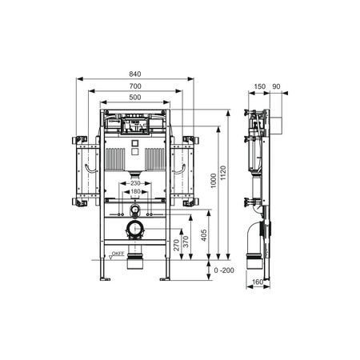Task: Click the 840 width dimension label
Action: click(x=135, y=74)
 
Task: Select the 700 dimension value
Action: click(x=135, y=86)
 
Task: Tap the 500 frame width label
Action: click(x=135, y=98)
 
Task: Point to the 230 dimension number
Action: click(x=135, y=183)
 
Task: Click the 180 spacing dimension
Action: click(x=135, y=191)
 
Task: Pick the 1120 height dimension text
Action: click(x=223, y=173)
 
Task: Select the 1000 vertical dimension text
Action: click(x=214, y=181)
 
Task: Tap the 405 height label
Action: click(x=204, y=235)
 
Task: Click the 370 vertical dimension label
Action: click(x=186, y=242)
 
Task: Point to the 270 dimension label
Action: click(x=177, y=245)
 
